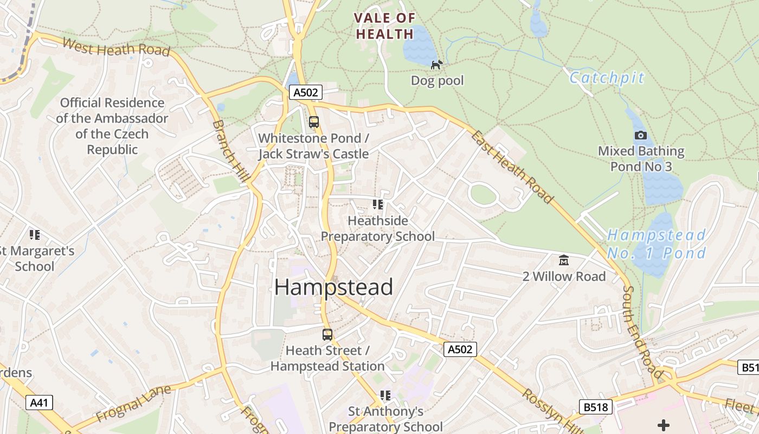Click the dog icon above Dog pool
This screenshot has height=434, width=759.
click(436, 65)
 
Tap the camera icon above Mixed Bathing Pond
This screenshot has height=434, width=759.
click(640, 135)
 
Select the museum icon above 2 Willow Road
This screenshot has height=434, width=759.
click(564, 260)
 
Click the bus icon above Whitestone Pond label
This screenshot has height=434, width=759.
click(314, 122)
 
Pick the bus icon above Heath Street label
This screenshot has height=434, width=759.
click(327, 335)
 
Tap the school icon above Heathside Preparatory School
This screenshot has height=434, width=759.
click(378, 205)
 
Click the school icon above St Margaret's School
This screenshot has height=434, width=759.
click(35, 235)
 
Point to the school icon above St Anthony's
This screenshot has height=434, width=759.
click(385, 395)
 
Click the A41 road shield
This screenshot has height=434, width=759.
click(40, 402)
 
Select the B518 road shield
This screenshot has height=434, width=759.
click(595, 407)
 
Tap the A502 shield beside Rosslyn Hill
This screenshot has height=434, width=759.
click(460, 349)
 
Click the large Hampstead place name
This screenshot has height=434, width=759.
click(333, 287)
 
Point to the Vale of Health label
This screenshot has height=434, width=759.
click(384, 26)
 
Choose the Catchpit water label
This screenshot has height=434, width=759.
click(607, 78)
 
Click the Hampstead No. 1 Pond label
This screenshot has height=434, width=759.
click(657, 244)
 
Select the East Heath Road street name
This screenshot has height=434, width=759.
click(512, 167)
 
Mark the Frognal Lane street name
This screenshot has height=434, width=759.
click(133, 404)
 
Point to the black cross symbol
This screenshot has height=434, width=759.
click(663, 425)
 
